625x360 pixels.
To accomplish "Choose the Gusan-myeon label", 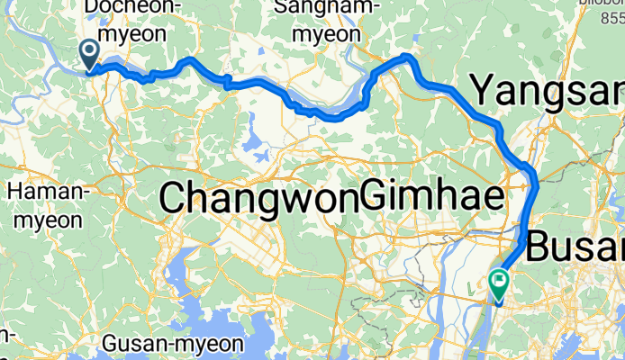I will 173,344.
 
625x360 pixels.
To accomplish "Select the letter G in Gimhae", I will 373,197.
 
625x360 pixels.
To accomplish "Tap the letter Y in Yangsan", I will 484,91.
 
